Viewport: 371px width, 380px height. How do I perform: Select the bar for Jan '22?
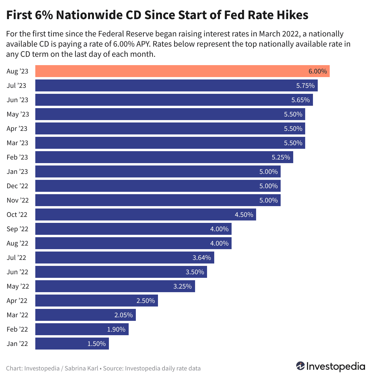(72, 344)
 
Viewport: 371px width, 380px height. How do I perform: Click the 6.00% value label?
(317, 71)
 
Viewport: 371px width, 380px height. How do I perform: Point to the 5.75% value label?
(305, 86)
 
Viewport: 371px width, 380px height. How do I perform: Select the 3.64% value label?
(202, 258)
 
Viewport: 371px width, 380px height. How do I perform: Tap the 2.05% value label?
(123, 315)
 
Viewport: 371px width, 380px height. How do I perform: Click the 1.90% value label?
(116, 329)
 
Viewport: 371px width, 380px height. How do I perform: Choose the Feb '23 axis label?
(17, 157)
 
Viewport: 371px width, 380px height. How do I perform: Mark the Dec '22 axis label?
(17, 186)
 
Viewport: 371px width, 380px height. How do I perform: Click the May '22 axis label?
(18, 286)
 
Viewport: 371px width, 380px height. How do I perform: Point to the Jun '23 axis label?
(17, 100)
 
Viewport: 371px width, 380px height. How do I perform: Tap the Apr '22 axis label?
(17, 301)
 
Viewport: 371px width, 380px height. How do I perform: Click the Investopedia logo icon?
(300, 366)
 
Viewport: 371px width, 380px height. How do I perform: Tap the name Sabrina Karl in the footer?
(81, 368)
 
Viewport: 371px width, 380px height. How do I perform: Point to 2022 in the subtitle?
(291, 34)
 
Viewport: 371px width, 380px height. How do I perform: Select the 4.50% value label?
(244, 214)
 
